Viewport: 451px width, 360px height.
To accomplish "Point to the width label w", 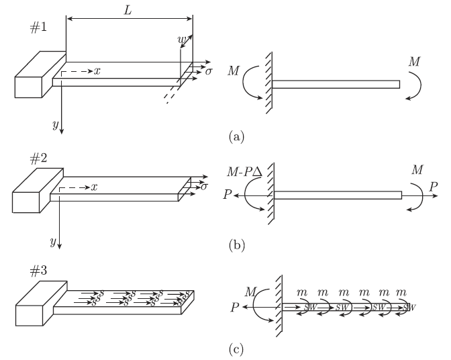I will [180, 41].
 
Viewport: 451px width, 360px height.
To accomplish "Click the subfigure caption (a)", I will [236, 136].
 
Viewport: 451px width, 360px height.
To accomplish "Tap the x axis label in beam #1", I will [97, 70].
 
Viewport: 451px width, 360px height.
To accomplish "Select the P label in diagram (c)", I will [234, 308].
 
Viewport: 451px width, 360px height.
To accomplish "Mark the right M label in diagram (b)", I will [417, 169].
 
